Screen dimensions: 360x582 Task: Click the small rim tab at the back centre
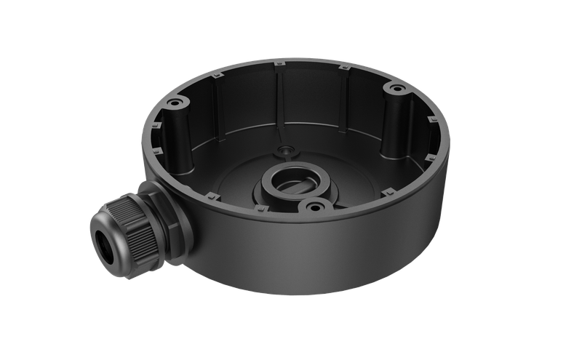tap(280, 67)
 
